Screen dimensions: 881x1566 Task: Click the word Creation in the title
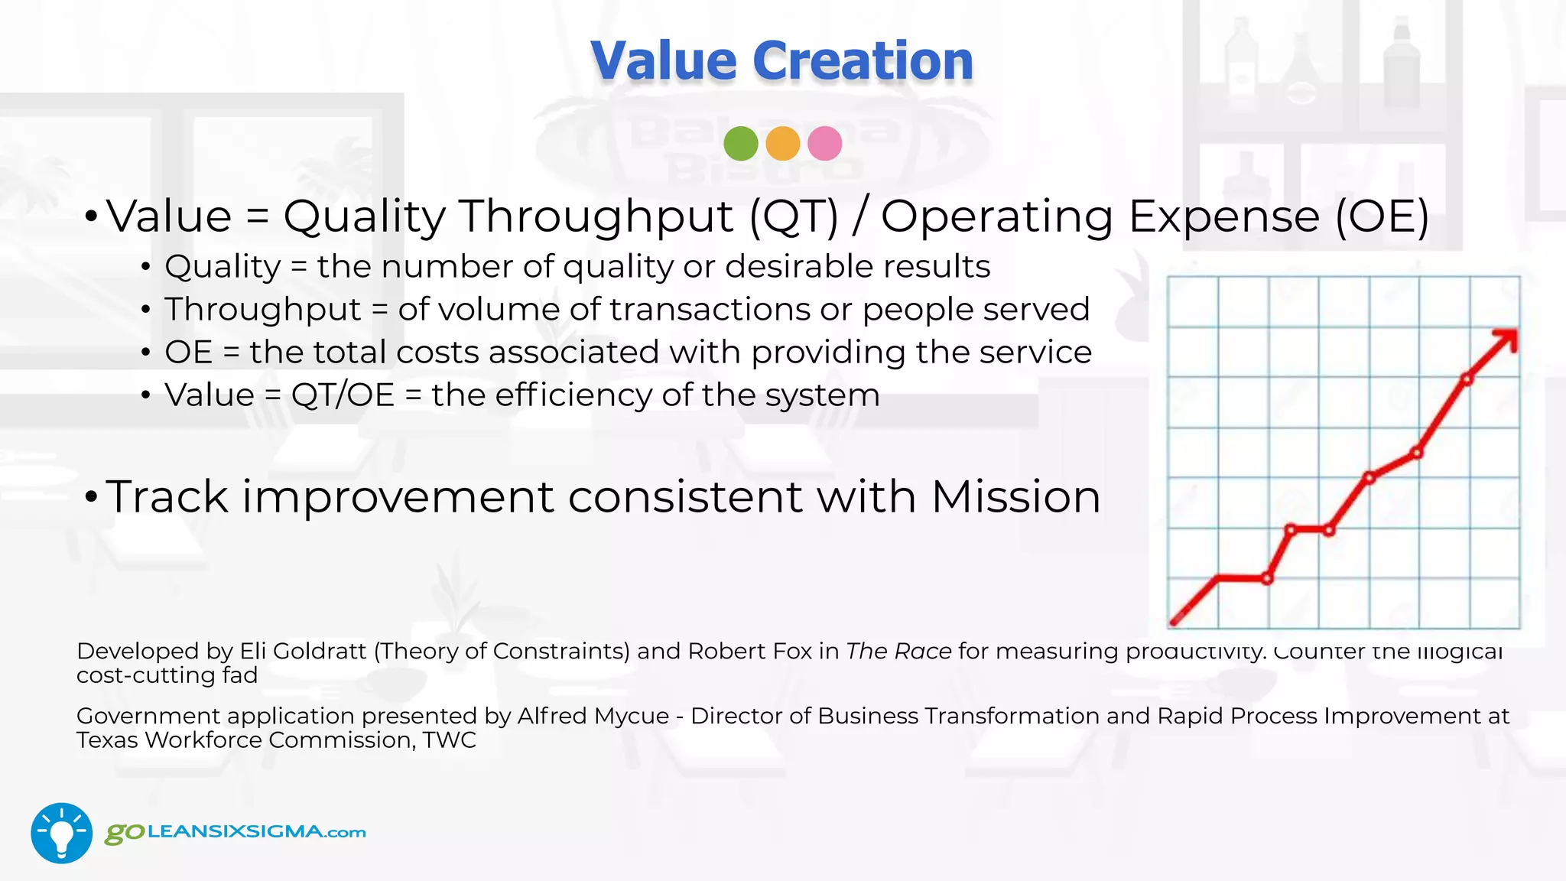coord(863,60)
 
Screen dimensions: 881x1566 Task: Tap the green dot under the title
coord(740,143)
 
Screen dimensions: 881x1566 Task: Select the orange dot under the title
coord(782,143)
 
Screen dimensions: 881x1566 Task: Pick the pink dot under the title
coord(824,143)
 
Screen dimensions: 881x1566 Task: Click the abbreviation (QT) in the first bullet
coord(794,216)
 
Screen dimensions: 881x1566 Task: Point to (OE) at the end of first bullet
coord(1382,216)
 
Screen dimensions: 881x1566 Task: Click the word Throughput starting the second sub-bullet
coord(262,310)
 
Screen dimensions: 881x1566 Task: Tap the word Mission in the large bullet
coord(1015,497)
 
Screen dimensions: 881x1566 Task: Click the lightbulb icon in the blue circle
coord(61,834)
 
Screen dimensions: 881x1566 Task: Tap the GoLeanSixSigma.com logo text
coord(236,832)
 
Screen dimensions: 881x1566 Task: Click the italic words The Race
coord(898,651)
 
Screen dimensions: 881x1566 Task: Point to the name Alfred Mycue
coord(593,716)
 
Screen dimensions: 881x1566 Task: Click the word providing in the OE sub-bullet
coord(829,353)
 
